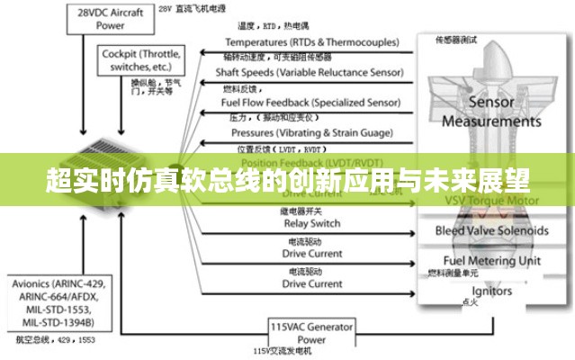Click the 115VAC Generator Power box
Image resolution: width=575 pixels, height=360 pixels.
tap(311, 333)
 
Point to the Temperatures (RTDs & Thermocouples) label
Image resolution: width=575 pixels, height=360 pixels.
tap(310, 42)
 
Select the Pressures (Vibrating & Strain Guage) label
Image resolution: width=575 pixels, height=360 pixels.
tap(310, 132)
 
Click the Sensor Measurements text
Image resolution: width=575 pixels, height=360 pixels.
tap(491, 112)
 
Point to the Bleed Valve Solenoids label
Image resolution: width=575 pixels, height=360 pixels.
tap(491, 230)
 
